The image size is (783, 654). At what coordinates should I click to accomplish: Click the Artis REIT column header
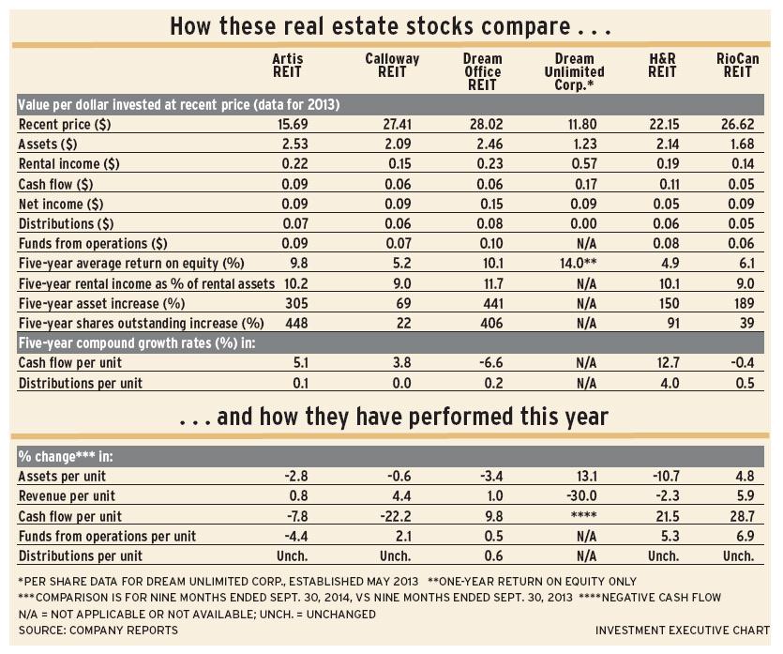(287, 66)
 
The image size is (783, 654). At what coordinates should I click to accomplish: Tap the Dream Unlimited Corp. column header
(574, 71)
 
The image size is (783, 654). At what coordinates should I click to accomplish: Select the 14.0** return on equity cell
(578, 263)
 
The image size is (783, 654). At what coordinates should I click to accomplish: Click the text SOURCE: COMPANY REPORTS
(98, 631)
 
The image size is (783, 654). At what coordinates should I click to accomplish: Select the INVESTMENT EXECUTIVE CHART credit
(682, 631)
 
